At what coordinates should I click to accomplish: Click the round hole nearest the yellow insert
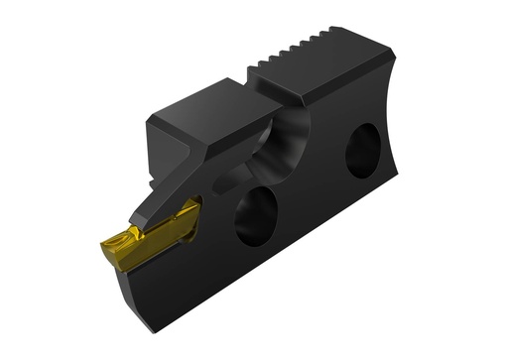(255, 213)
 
